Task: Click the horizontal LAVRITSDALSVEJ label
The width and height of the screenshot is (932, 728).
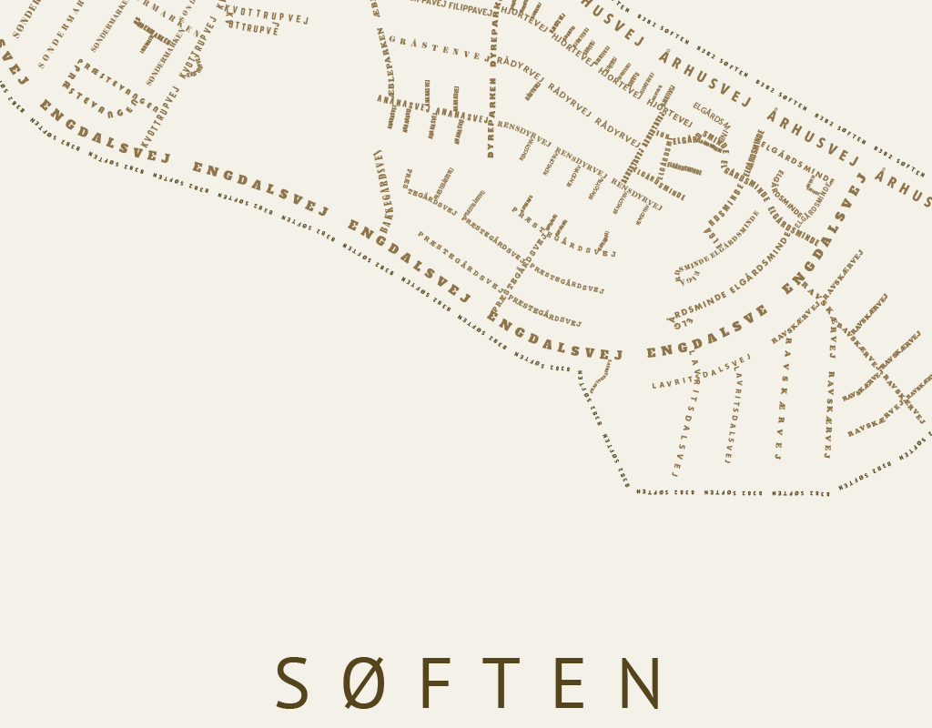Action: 702,372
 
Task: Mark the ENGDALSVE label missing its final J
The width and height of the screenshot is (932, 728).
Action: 707,335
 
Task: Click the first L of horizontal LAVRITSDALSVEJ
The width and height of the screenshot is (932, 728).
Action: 654,386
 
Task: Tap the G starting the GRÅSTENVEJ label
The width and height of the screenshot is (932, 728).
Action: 392,39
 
